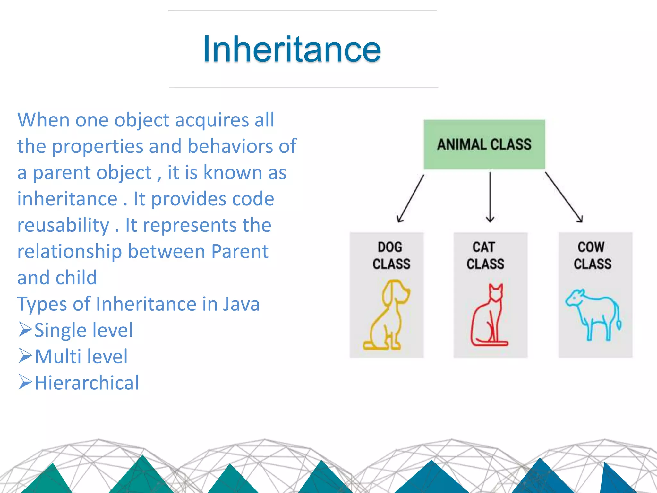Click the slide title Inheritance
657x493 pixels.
tap(292, 49)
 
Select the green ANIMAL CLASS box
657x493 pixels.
tap(484, 144)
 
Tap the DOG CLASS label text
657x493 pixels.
tap(391, 255)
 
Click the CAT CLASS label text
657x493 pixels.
tap(485, 255)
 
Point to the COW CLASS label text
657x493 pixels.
tap(592, 255)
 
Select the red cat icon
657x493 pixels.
tap(489, 316)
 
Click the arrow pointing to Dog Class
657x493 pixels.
tap(410, 199)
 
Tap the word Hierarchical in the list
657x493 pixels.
tap(87, 383)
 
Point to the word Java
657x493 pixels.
tap(241, 304)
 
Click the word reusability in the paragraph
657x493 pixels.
tap(63, 225)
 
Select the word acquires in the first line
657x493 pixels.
tap(212, 120)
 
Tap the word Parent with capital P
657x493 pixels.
tap(240, 251)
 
